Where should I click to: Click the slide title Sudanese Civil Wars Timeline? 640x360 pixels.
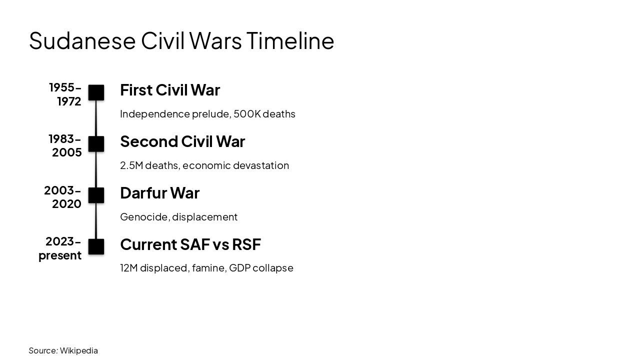pyautogui.click(x=181, y=40)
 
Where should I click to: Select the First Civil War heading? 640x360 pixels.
pyautogui.click(x=170, y=90)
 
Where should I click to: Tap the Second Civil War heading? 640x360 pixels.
pyautogui.click(x=182, y=141)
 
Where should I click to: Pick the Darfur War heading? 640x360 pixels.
pyautogui.click(x=159, y=193)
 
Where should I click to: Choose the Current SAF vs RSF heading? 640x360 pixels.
pyautogui.click(x=190, y=244)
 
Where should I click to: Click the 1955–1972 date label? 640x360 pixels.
pyautogui.click(x=65, y=94)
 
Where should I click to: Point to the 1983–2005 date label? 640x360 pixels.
pyautogui.click(x=65, y=145)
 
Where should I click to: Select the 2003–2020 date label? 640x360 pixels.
pyautogui.click(x=63, y=197)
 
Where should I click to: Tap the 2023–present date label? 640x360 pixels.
pyautogui.click(x=60, y=248)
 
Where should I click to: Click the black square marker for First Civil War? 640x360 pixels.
pyautogui.click(x=96, y=92)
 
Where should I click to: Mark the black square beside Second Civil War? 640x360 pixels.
pyautogui.click(x=96, y=144)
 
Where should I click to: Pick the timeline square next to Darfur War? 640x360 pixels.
pyautogui.click(x=96, y=195)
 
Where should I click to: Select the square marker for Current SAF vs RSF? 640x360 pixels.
pyautogui.click(x=96, y=247)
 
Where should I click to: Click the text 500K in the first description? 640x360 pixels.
pyautogui.click(x=247, y=114)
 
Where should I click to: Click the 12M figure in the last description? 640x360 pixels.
pyautogui.click(x=128, y=268)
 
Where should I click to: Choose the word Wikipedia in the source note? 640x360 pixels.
pyautogui.click(x=79, y=350)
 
